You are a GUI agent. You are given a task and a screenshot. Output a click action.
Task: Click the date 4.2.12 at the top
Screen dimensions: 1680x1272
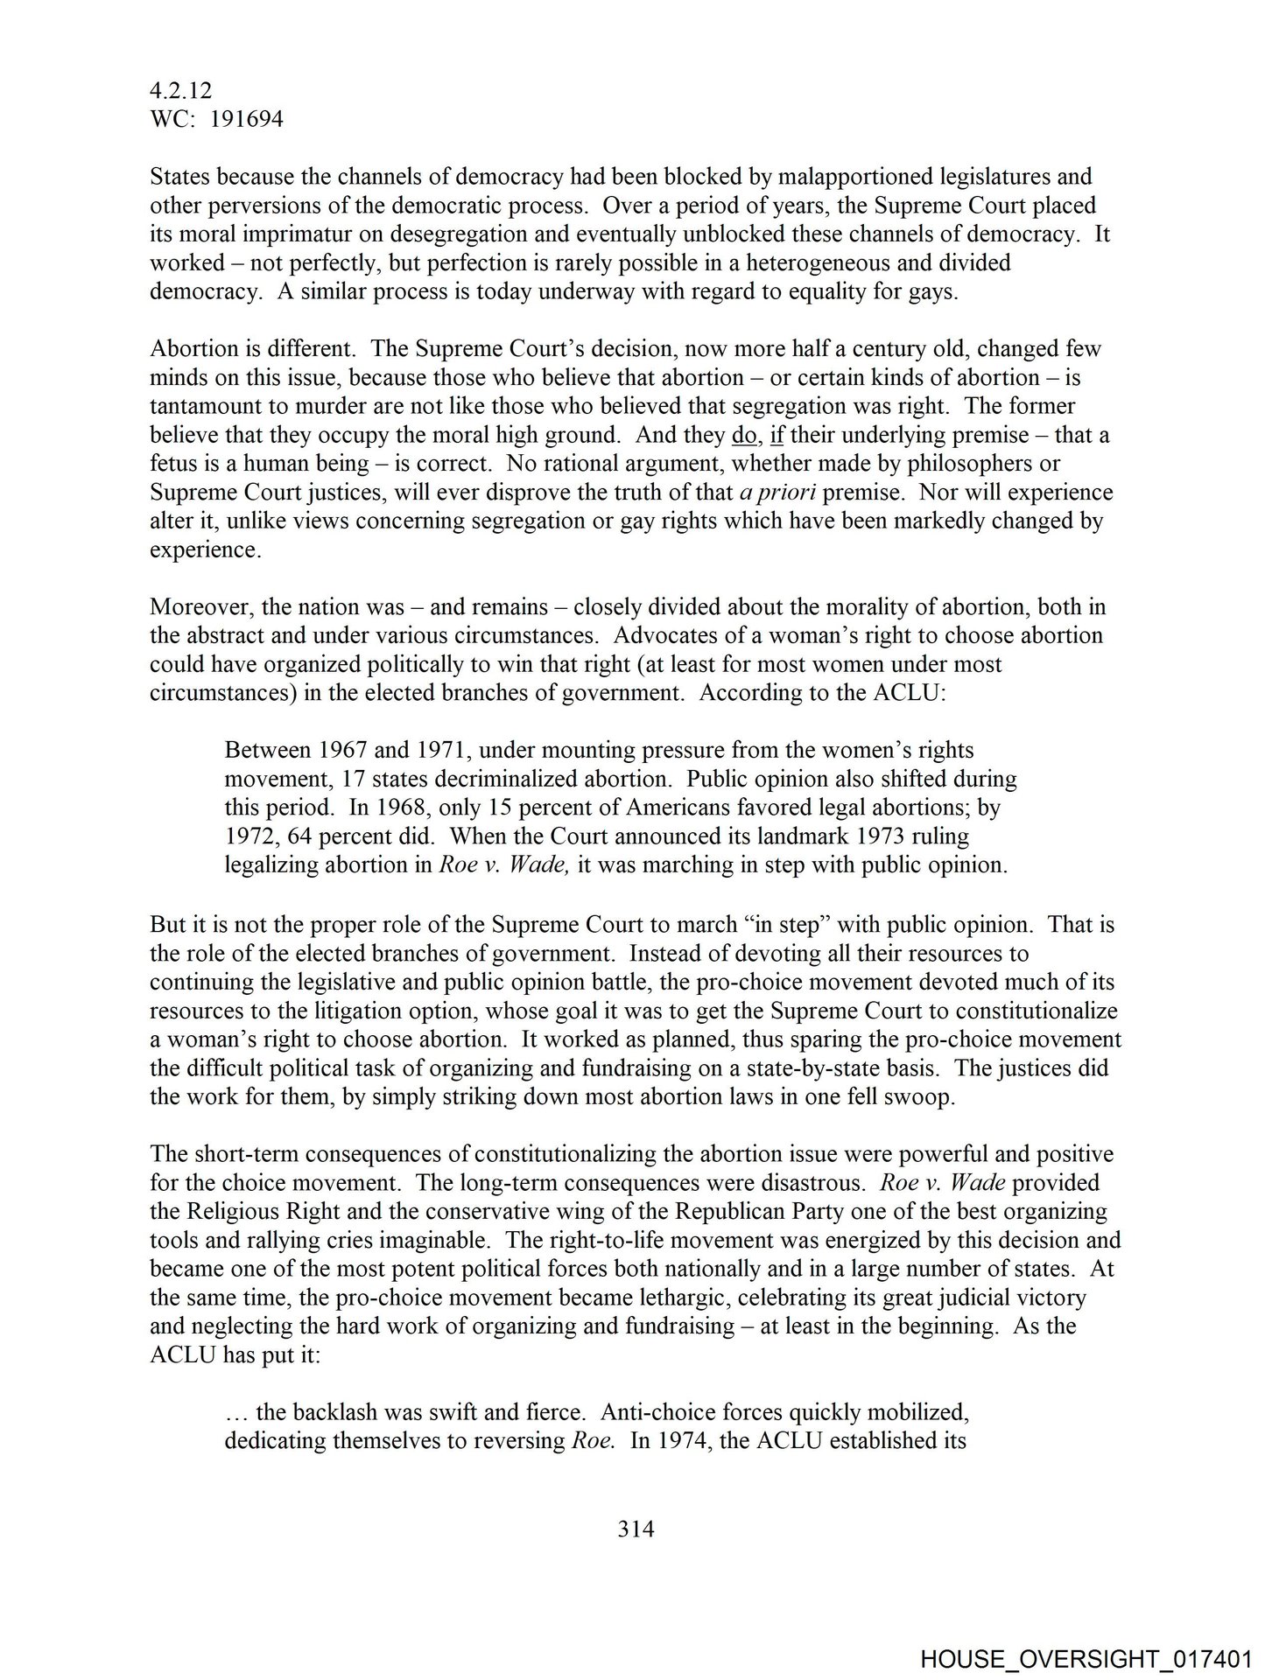click(180, 90)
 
